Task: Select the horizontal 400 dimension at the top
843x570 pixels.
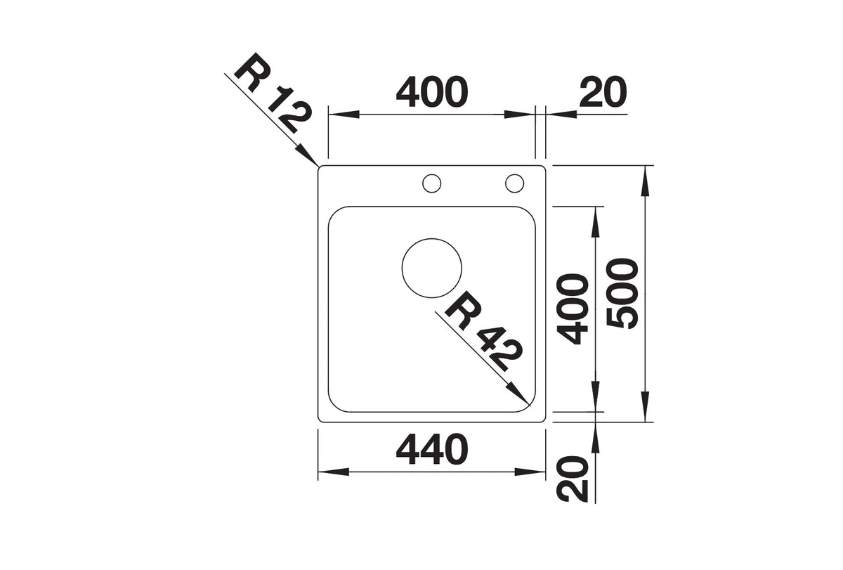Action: [432, 92]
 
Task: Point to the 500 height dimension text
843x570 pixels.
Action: [623, 293]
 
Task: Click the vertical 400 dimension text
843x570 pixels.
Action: [572, 309]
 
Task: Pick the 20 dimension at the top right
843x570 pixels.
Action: [603, 92]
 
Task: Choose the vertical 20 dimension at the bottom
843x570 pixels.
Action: [572, 479]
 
